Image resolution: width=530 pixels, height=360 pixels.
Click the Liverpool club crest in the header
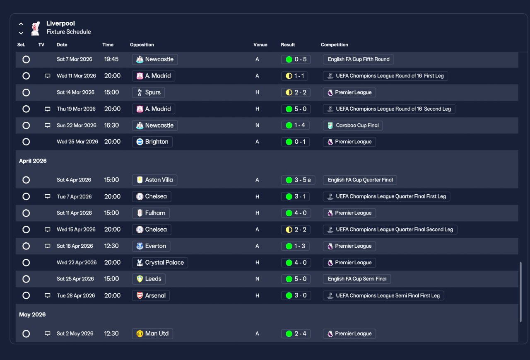35,28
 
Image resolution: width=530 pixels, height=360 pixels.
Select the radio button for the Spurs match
26,92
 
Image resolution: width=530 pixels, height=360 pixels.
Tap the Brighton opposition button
152,142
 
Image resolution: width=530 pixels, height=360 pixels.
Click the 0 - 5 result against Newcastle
296,59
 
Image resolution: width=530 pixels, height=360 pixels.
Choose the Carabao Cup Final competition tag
353,126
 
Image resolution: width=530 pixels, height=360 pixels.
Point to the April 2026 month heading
33,161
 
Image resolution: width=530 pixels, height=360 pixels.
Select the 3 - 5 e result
298,180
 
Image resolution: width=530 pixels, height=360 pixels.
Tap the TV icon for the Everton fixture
47,246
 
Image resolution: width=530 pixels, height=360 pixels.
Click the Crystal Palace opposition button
160,263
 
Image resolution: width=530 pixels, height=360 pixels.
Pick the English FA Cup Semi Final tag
357,279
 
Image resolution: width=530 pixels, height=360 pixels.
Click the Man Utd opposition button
152,333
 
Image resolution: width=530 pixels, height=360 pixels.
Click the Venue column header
260,45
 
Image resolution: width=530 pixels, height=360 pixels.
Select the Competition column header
334,45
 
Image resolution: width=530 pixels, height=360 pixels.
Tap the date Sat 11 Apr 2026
74,213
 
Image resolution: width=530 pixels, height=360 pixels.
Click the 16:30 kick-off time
111,126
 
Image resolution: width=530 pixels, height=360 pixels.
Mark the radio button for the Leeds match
26,279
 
